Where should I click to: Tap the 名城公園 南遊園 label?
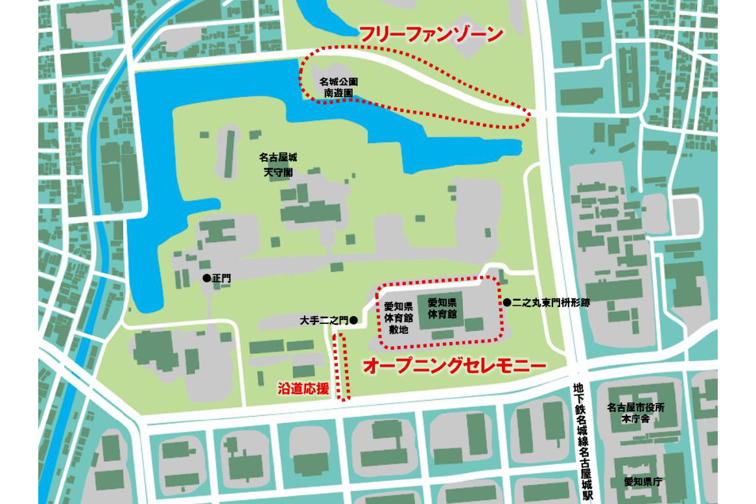point(339,87)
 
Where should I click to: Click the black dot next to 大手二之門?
point(353,320)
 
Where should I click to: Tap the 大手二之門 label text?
point(324,320)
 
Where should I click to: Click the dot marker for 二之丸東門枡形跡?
point(507,302)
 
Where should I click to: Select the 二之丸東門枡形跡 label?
point(550,302)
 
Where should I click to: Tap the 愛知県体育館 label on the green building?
point(443,308)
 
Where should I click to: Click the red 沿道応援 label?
point(303,389)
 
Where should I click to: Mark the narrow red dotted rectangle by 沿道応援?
point(341,367)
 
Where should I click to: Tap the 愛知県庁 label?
point(643,481)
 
